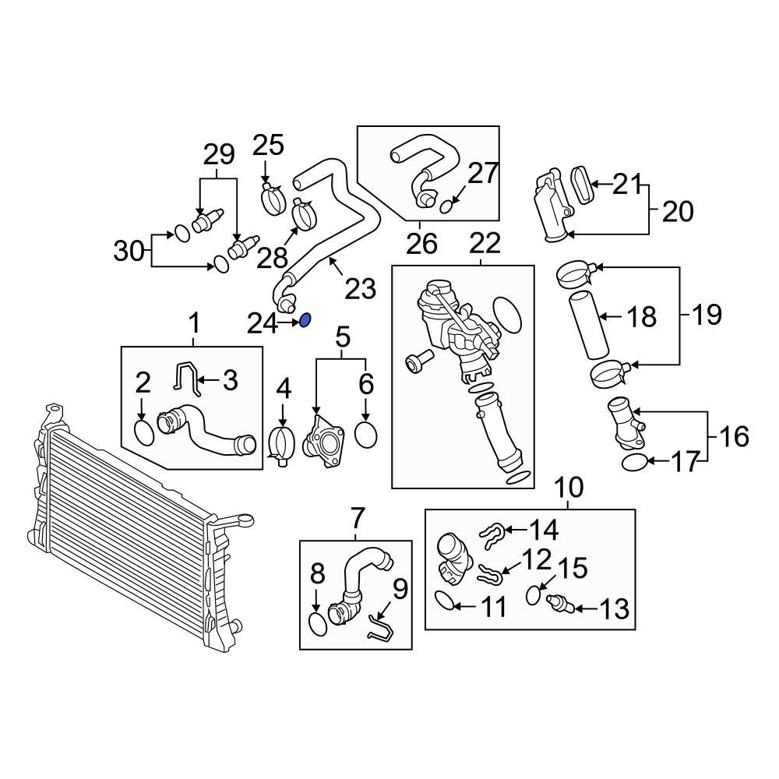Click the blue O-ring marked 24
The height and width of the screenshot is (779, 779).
click(306, 319)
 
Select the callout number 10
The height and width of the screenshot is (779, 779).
click(569, 488)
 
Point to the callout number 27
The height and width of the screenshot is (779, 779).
click(482, 173)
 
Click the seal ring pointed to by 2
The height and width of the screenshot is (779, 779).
click(145, 432)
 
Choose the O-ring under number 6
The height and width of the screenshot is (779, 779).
click(365, 434)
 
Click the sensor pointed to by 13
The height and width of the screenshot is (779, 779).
click(560, 605)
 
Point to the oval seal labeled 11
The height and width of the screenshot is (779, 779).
click(442, 601)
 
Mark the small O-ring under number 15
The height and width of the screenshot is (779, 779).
click(534, 595)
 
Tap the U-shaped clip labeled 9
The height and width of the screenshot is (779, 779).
click(380, 626)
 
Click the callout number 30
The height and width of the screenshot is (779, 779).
click(130, 251)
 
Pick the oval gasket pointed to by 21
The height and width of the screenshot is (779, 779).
click(582, 184)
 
